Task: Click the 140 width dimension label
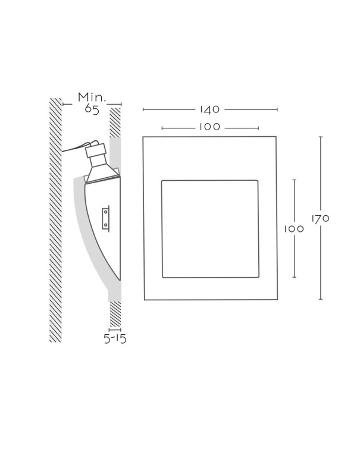[x=210, y=109]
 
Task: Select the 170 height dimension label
[x=321, y=219]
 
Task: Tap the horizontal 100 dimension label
[x=209, y=127]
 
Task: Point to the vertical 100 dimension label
[x=294, y=229]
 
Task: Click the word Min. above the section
[x=92, y=97]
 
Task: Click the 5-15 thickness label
[x=115, y=338]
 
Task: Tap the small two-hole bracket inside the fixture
[x=106, y=219]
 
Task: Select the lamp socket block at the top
[x=96, y=150]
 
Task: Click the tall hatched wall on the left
[x=55, y=220]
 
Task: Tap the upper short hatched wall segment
[x=115, y=122]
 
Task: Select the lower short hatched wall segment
[x=115, y=314]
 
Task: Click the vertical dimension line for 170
[x=321, y=218]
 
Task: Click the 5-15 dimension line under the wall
[x=115, y=329]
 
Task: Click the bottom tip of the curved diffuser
[x=120, y=280]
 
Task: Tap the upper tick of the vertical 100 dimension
[x=294, y=180]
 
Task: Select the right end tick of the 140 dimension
[x=277, y=109]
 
